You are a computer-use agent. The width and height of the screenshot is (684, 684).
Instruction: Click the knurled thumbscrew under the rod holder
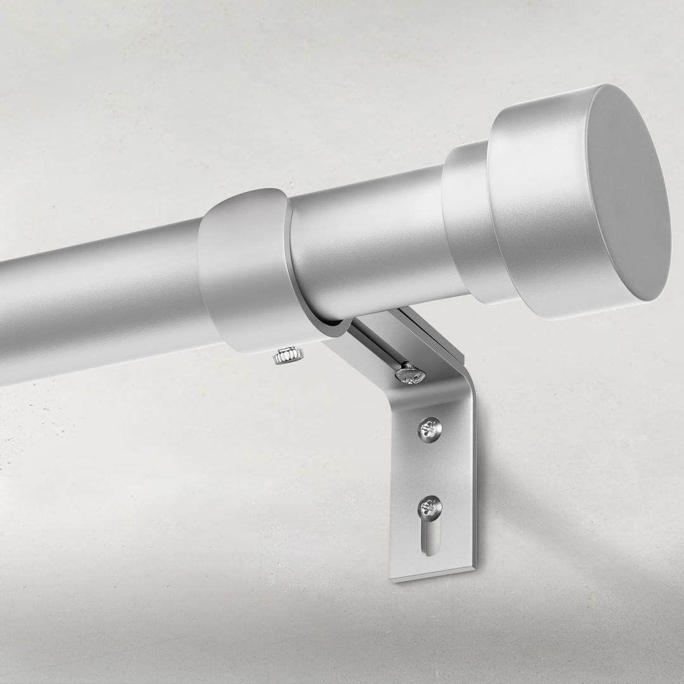(288, 356)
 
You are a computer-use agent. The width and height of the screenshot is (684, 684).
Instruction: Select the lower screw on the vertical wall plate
(430, 507)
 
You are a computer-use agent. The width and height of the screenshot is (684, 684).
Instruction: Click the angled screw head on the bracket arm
(410, 374)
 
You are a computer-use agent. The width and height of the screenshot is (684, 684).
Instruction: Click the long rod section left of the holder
(95, 304)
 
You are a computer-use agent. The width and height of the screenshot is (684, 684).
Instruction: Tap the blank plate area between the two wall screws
(431, 469)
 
